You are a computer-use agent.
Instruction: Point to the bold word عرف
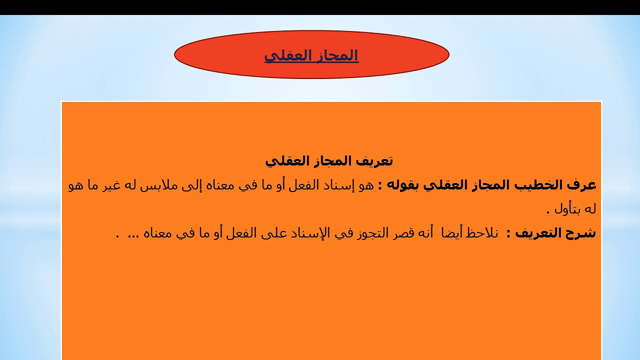(x=583, y=185)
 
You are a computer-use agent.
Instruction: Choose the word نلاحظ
(x=482, y=233)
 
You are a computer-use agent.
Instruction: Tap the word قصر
(x=401, y=233)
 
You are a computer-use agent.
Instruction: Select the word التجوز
(x=365, y=233)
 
